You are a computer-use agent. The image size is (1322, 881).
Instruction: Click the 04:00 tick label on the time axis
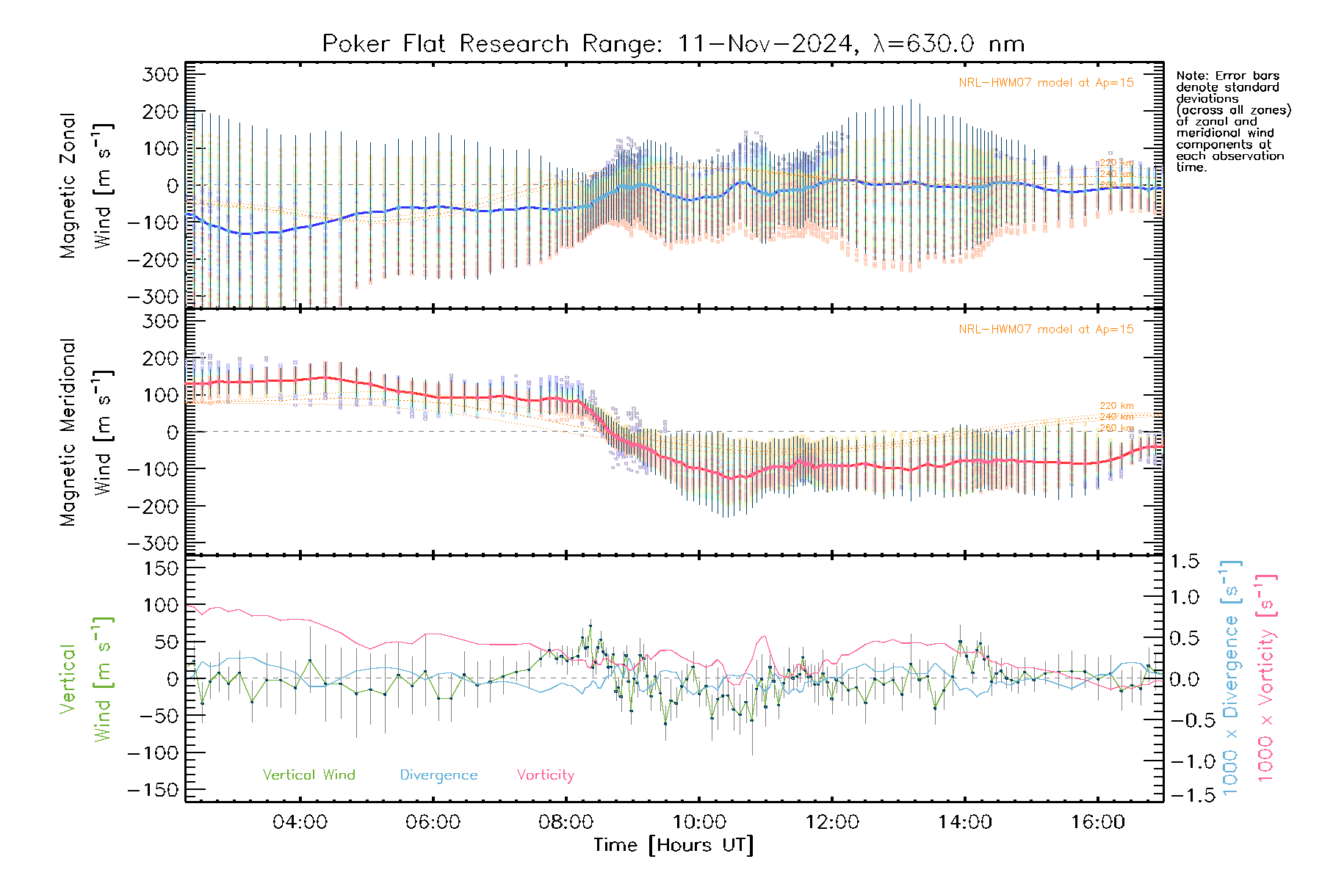pyautogui.click(x=300, y=822)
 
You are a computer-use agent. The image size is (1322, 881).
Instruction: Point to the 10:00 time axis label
pyautogui.click(x=698, y=822)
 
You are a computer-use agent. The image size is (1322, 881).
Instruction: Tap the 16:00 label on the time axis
pyautogui.click(x=1097, y=822)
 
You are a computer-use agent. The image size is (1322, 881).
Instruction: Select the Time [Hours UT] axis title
pyautogui.click(x=673, y=845)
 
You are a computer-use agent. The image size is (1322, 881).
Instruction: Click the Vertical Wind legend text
pyautogui.click(x=308, y=775)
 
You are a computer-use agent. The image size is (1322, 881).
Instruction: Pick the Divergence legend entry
pyautogui.click(x=438, y=775)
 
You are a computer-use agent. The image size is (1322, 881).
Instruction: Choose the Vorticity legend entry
pyautogui.click(x=545, y=775)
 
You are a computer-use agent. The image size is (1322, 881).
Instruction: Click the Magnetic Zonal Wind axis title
pyautogui.click(x=87, y=186)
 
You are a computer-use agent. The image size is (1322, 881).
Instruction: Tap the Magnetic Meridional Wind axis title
pyautogui.click(x=87, y=432)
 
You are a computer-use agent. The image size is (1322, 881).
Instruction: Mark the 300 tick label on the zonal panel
pyautogui.click(x=161, y=74)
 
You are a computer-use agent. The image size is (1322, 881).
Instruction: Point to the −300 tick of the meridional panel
pyautogui.click(x=153, y=543)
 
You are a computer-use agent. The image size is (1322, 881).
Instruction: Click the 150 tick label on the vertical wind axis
pyautogui.click(x=161, y=568)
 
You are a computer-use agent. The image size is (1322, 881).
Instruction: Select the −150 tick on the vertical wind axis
pyautogui.click(x=153, y=790)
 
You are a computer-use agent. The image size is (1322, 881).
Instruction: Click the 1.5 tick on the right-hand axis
pyautogui.click(x=1185, y=562)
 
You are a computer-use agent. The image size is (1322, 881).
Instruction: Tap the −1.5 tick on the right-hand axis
pyautogui.click(x=1185, y=795)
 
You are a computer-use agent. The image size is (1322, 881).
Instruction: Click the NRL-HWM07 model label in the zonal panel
pyautogui.click(x=1046, y=83)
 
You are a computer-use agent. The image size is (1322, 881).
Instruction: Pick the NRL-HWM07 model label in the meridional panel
pyautogui.click(x=1046, y=330)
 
